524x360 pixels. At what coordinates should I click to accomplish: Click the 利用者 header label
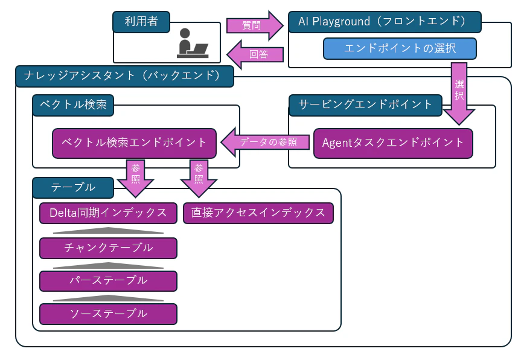click(x=141, y=22)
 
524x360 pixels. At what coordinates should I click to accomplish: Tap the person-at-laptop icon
click(x=193, y=43)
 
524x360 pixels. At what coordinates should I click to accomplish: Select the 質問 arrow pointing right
click(x=254, y=26)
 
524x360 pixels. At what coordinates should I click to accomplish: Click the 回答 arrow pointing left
click(x=255, y=54)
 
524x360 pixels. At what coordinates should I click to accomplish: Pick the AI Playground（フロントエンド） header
click(x=384, y=22)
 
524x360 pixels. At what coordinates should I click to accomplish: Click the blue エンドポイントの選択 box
click(x=400, y=49)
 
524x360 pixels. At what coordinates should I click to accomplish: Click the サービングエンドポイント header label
click(x=366, y=104)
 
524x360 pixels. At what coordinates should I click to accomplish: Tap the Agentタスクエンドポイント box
click(x=392, y=143)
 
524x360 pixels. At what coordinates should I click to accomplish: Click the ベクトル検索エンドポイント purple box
click(x=134, y=143)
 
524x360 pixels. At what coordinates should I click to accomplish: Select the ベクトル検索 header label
click(x=72, y=104)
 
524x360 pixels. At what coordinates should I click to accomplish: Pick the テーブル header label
click(x=73, y=187)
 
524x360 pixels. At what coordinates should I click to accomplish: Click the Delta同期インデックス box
click(x=108, y=213)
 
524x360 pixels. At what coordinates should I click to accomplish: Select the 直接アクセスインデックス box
click(x=258, y=213)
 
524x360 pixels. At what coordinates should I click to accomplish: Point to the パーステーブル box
click(x=108, y=281)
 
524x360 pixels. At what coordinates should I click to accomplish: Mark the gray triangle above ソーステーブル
click(x=108, y=298)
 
